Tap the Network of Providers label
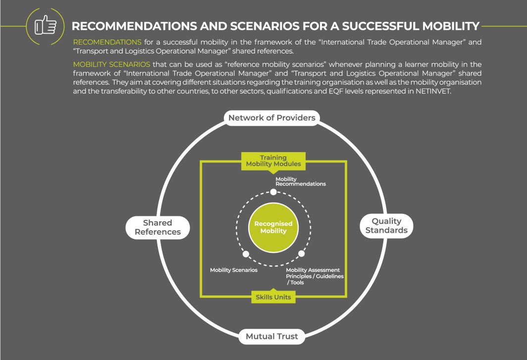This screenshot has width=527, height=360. tap(271, 118)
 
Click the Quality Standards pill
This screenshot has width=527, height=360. tap(386, 226)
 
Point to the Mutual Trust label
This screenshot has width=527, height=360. tap(272, 337)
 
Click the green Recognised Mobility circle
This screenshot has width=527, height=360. tap(273, 228)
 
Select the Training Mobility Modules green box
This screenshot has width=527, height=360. tap(273, 161)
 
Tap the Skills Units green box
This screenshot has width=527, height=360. tap(273, 297)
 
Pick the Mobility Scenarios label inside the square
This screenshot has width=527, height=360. tap(234, 270)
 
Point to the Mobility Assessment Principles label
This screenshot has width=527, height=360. tap(315, 276)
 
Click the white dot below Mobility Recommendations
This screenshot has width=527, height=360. tap(273, 192)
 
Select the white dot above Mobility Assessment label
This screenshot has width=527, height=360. tap(301, 254)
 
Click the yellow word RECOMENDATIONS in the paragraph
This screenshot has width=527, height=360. tap(107, 42)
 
